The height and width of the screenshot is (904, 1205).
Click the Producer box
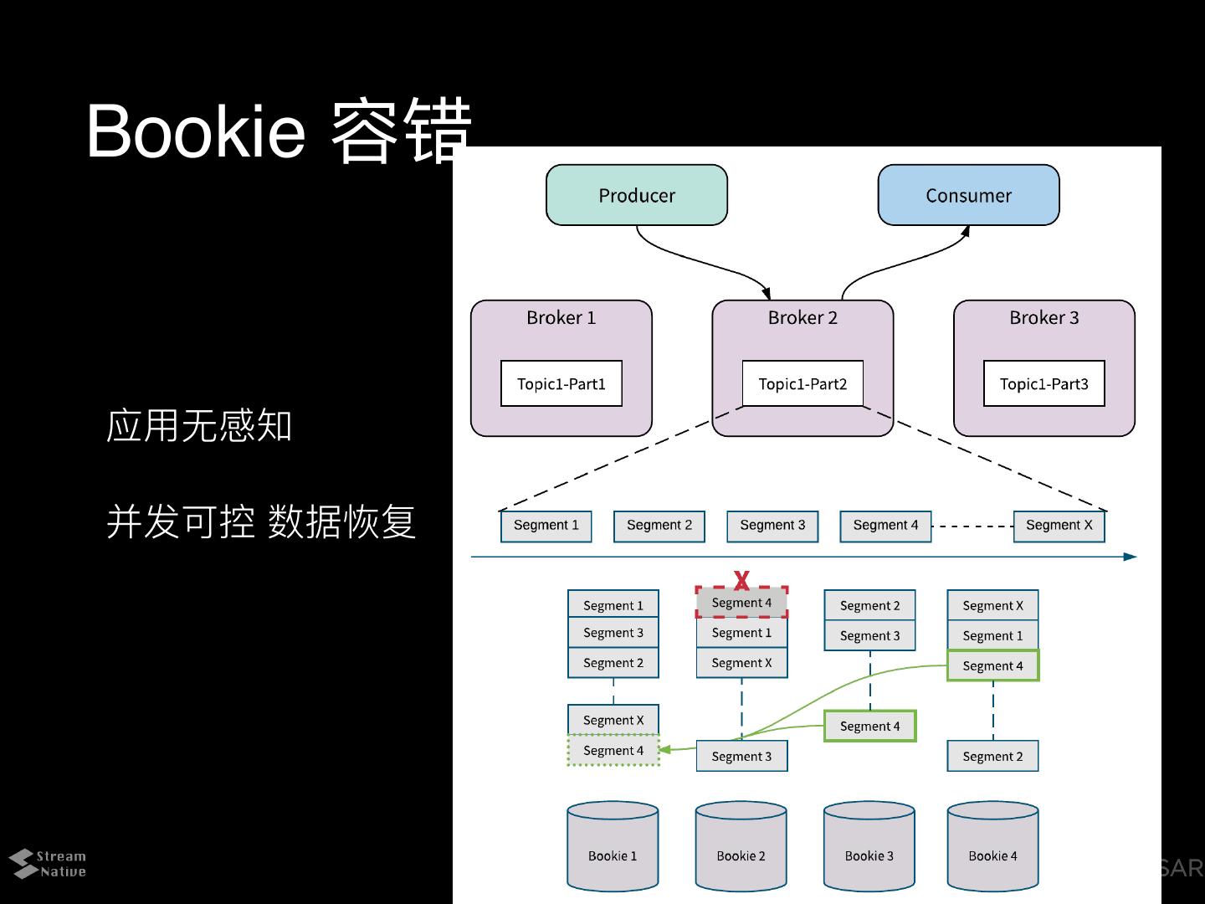(637, 195)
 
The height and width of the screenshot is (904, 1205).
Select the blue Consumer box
(969, 195)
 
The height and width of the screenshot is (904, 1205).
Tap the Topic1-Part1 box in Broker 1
(561, 383)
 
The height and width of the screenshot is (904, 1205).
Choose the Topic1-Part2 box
(802, 383)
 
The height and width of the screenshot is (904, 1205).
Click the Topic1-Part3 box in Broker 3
(1044, 383)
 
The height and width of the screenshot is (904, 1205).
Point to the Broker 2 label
(802, 317)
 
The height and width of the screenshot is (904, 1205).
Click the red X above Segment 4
(741, 580)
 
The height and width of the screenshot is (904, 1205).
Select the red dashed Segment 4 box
(741, 602)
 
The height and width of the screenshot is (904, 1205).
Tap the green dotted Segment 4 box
(613, 750)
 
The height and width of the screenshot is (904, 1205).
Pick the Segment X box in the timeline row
(1059, 526)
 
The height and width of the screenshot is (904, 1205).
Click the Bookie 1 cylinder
(613, 845)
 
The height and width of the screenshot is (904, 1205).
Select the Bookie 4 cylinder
(992, 845)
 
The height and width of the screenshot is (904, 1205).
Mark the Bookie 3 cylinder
(869, 845)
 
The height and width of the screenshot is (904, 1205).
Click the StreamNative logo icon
(22, 863)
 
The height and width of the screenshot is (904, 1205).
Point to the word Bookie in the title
(196, 131)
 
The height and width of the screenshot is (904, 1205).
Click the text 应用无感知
(198, 425)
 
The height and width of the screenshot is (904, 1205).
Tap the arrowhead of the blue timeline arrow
(1131, 557)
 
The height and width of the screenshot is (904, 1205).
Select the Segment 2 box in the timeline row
(659, 526)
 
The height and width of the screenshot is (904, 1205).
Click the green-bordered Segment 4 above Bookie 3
(870, 726)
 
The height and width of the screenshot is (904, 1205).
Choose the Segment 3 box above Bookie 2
(741, 756)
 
